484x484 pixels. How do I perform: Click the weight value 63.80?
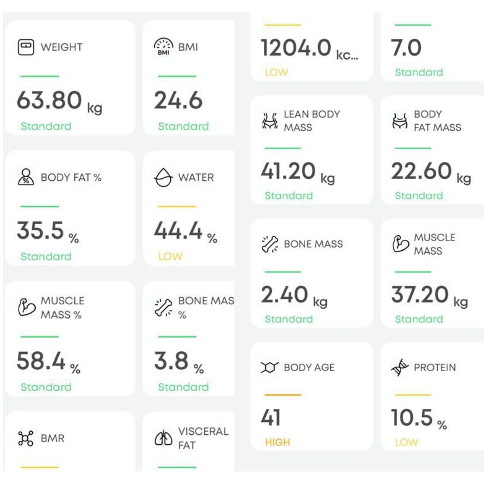[x=49, y=100]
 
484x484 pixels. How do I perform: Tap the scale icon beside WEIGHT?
[x=26, y=47]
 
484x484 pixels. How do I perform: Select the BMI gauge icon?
[x=164, y=47]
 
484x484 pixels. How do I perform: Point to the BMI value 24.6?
[x=178, y=100]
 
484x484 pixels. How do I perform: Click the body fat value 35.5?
[x=41, y=230]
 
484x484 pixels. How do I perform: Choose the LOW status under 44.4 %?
[x=170, y=256]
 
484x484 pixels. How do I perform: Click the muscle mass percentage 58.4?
[x=41, y=361]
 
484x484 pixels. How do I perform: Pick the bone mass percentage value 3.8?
[x=171, y=361]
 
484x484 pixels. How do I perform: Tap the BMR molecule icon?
[x=26, y=438]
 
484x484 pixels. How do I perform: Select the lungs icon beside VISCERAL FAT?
[x=164, y=438]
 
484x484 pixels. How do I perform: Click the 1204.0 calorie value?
[x=296, y=48]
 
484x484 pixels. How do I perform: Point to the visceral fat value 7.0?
[x=406, y=48]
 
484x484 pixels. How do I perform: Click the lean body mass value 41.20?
[x=289, y=171]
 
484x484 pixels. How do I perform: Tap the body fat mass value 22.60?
[x=421, y=171]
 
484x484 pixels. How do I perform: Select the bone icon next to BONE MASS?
[x=270, y=244]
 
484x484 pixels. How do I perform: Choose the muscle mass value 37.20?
[x=420, y=294]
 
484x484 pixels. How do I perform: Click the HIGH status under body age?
[x=277, y=442]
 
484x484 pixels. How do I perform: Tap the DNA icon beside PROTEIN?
[x=400, y=367]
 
